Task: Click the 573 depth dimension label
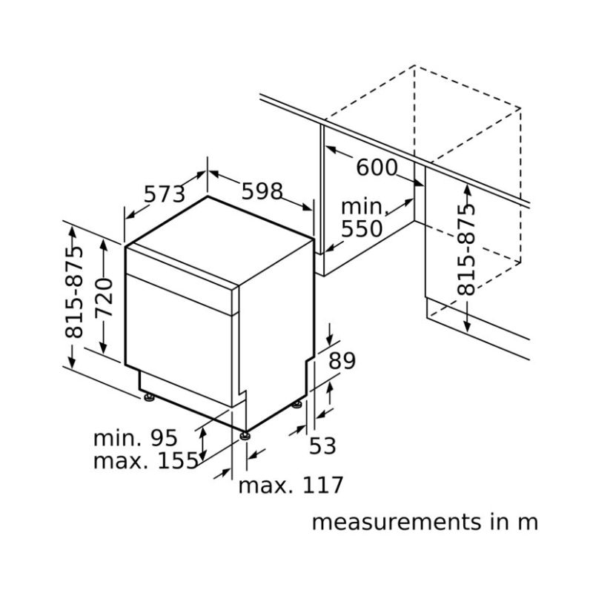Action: click(164, 194)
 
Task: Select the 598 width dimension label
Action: click(262, 191)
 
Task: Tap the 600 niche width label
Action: click(377, 168)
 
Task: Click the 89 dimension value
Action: click(342, 361)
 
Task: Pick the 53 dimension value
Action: click(322, 445)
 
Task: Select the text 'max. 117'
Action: click(291, 486)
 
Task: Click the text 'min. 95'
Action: click(136, 437)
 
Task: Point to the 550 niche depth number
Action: click(362, 228)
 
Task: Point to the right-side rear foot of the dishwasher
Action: click(297, 404)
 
